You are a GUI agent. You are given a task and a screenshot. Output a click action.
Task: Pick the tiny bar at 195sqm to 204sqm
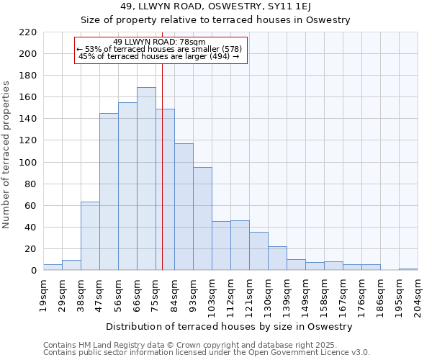click(408, 269)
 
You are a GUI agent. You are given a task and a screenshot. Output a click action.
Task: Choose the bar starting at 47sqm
click(109, 192)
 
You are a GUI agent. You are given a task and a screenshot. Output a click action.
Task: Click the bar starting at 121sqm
click(258, 251)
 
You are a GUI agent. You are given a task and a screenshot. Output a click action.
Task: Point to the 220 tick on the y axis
click(28, 32)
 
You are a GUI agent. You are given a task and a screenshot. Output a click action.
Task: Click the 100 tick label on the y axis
click(28, 163)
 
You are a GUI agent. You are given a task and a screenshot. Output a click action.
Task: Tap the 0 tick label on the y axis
click(34, 271)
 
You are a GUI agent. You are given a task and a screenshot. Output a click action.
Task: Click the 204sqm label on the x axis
click(418, 295)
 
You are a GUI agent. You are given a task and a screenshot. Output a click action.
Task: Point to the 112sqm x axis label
click(230, 295)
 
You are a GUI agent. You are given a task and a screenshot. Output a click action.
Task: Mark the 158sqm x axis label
click(324, 295)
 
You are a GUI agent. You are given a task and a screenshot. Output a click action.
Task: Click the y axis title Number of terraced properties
click(7, 154)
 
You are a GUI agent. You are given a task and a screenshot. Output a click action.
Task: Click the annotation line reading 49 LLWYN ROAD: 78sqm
click(160, 42)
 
